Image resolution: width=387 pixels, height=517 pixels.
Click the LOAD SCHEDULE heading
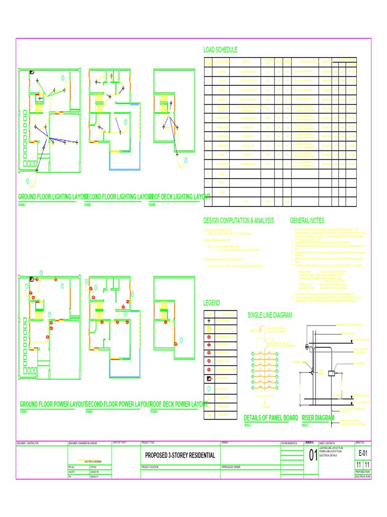point(220,50)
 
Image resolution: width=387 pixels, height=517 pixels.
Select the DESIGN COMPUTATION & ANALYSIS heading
point(238,221)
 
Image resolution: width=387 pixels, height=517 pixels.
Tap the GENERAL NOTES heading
point(307,221)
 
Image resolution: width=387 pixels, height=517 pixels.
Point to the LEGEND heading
point(212,303)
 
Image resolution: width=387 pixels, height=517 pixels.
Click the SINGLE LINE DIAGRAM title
point(270,315)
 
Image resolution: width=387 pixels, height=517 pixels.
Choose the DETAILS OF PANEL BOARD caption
point(271,418)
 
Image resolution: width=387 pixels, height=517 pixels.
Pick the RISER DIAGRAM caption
point(318,418)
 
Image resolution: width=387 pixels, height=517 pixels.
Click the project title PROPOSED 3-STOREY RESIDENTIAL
point(180,455)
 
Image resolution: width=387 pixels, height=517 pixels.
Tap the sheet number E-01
point(363,454)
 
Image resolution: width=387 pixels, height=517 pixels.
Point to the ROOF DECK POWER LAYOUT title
point(179,404)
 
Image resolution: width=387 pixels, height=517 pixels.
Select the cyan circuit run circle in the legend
point(209,389)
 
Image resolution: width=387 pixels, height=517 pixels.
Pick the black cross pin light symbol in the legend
point(209,320)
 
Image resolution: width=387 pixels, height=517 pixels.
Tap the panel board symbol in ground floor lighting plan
point(32,72)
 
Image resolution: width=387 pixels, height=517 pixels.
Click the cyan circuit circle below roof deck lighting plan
point(185,160)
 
